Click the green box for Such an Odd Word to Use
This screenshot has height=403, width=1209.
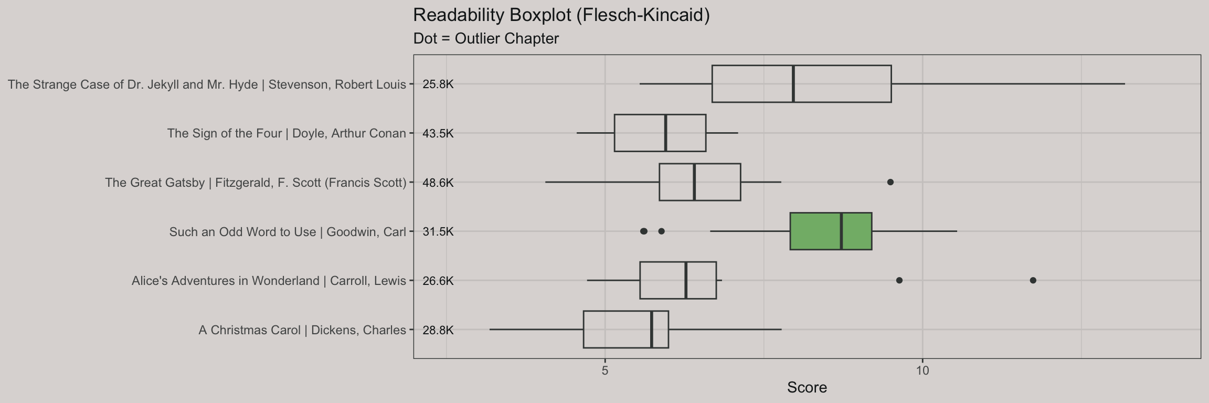[830, 231]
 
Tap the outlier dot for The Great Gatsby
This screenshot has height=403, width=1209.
[890, 182]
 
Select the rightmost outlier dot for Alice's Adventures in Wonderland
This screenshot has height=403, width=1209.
[1033, 281]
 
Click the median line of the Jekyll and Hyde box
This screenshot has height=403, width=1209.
[793, 84]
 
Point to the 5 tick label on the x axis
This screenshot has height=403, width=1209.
[605, 370]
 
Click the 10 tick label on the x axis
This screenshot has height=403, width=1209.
[922, 370]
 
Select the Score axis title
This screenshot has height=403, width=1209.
[807, 388]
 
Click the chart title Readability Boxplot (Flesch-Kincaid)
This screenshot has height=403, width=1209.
[561, 15]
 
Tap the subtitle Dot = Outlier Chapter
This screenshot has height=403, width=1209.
[486, 39]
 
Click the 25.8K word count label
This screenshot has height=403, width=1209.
[438, 84]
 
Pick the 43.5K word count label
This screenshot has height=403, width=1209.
[438, 133]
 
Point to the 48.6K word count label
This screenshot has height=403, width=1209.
[438, 183]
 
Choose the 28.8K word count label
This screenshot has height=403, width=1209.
[438, 330]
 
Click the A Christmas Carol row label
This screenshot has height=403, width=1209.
[302, 330]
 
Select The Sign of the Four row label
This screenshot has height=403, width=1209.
[287, 133]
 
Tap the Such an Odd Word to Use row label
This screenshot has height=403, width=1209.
[288, 232]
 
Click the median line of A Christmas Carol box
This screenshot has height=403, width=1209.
[651, 330]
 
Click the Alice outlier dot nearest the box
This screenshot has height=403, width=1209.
[899, 281]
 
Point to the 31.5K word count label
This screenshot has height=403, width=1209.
[438, 232]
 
